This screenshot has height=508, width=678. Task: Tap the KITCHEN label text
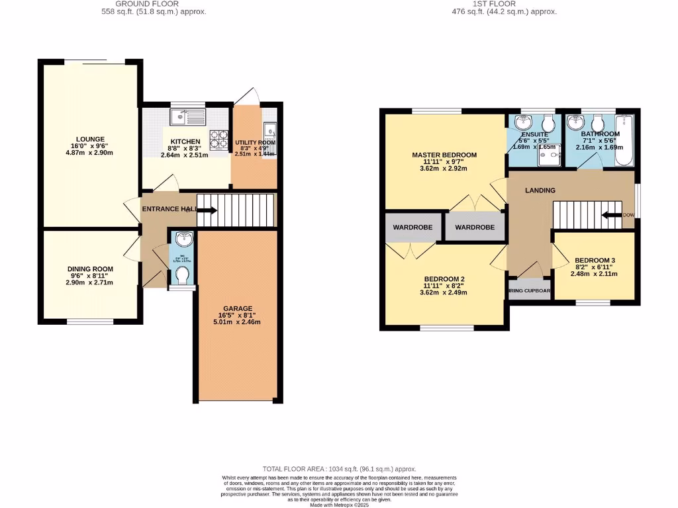(185, 142)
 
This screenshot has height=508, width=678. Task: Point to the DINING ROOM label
(90, 269)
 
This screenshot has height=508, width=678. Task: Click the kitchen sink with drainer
(189, 118)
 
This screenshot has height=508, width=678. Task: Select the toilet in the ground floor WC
(182, 275)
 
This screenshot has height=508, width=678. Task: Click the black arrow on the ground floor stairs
(207, 211)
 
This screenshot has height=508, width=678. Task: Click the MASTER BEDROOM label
(444, 155)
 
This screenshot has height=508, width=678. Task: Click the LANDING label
(540, 190)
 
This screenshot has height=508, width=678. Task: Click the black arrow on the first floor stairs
(612, 215)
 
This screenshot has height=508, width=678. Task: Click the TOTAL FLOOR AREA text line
(338, 468)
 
